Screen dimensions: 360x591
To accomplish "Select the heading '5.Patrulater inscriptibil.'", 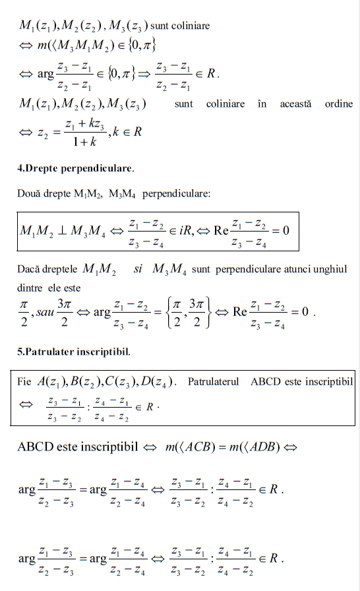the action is [x=74, y=352].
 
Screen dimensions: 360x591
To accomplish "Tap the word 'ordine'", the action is [x=339, y=104].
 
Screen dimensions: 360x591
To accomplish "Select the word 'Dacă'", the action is [x=30, y=269].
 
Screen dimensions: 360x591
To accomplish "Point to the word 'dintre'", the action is [x=29, y=288].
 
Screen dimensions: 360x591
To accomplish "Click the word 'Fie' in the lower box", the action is [x=24, y=382].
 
